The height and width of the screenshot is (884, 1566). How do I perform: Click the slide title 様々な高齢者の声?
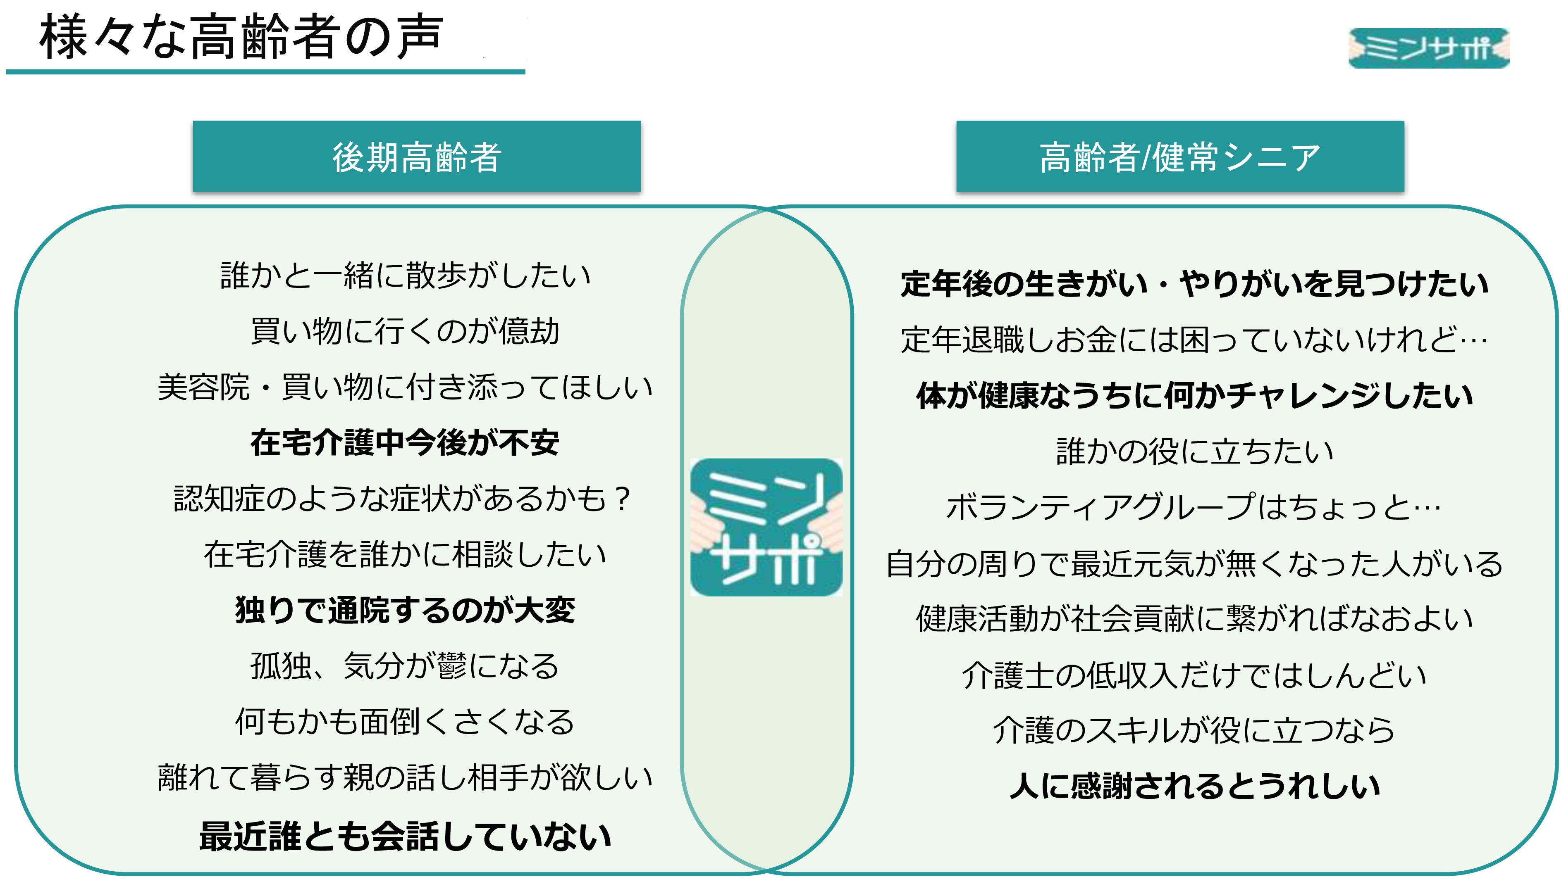coord(240,38)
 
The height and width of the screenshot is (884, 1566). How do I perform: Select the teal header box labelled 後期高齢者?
coord(416,157)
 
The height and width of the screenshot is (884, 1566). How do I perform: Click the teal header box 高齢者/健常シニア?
coord(1179,157)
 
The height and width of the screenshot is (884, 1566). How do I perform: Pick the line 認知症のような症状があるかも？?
coord(402,499)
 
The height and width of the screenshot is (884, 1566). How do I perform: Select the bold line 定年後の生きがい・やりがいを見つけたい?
coord(1194,284)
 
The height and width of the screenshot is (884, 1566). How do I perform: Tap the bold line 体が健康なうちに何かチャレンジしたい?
coord(1194,395)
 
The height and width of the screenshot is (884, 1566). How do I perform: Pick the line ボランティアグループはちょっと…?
coord(1194,507)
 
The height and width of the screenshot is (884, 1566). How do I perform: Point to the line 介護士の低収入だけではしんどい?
coord(1194,675)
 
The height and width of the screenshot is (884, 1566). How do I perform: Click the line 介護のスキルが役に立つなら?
coord(1194,730)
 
